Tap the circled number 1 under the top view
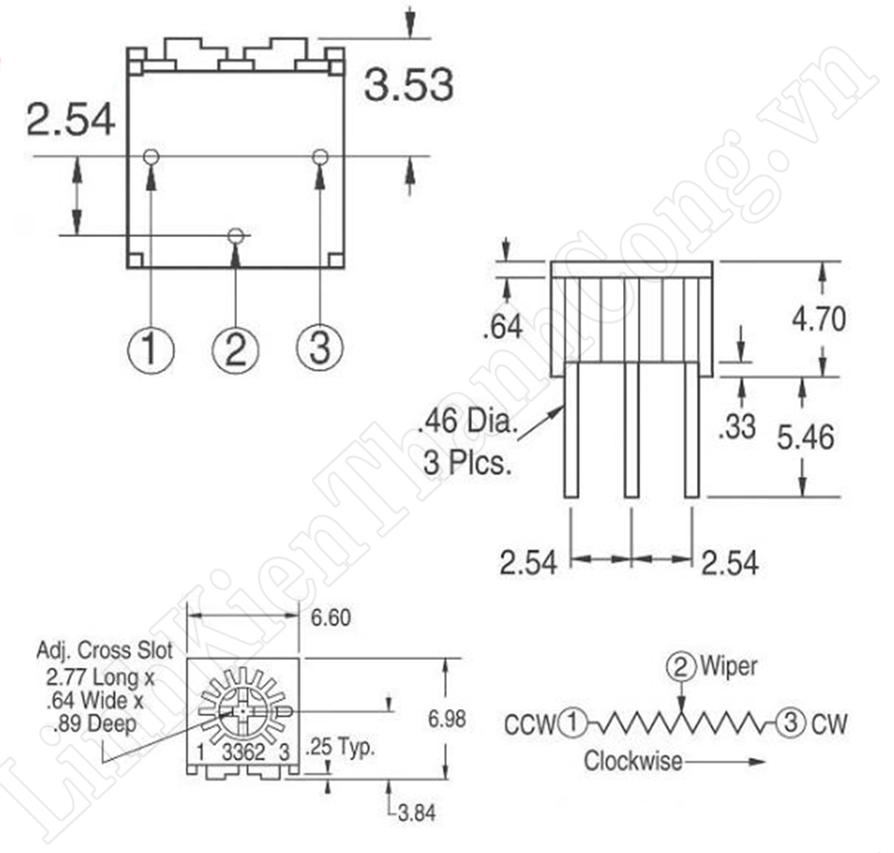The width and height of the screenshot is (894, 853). (150, 349)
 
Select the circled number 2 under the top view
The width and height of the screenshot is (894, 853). (235, 350)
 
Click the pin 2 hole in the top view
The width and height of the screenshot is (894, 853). (235, 235)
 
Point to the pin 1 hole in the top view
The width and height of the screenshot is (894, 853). (151, 156)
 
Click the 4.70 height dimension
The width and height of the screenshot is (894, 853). (819, 319)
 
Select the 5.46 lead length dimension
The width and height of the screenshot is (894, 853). (805, 437)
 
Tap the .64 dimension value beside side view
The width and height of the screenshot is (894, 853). (502, 327)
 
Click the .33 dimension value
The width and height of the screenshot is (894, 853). (738, 426)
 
